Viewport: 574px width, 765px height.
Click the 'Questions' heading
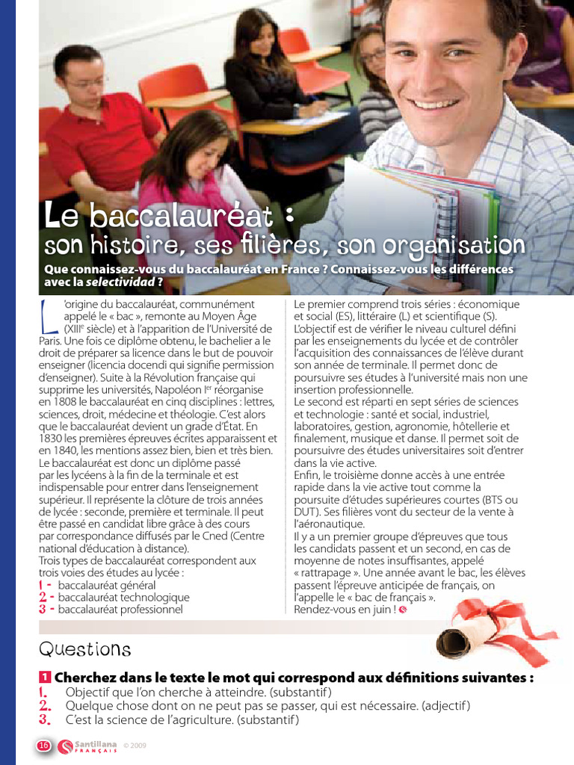(x=84, y=648)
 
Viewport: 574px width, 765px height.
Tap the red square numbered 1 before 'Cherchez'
(x=44, y=678)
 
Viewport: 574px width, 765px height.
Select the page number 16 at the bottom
(x=43, y=745)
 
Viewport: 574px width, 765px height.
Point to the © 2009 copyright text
(x=135, y=746)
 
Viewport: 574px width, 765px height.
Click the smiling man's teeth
(x=434, y=104)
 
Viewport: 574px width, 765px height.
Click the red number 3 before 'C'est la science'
(x=44, y=720)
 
